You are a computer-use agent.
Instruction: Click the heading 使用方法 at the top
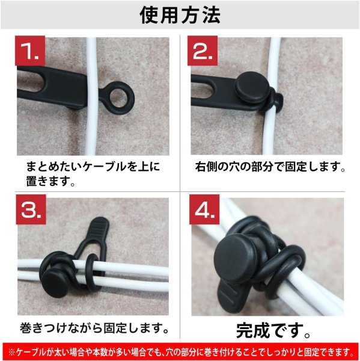tap(180, 14)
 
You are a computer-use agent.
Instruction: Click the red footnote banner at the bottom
tap(180, 351)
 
